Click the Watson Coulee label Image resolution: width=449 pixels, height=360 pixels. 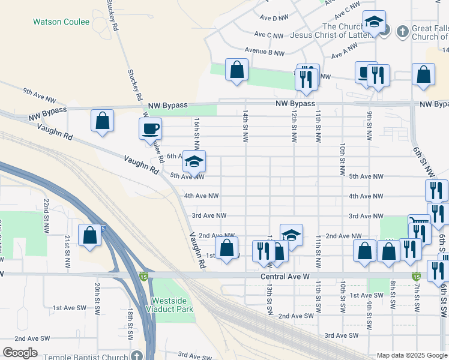[x=61, y=22]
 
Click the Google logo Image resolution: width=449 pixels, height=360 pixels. [x=20, y=353]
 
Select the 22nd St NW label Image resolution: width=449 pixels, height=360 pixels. [x=46, y=216]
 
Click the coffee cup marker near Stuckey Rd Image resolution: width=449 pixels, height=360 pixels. [x=149, y=128]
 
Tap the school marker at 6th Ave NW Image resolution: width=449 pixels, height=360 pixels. [x=194, y=161]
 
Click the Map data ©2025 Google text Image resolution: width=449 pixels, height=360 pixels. [x=411, y=355]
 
